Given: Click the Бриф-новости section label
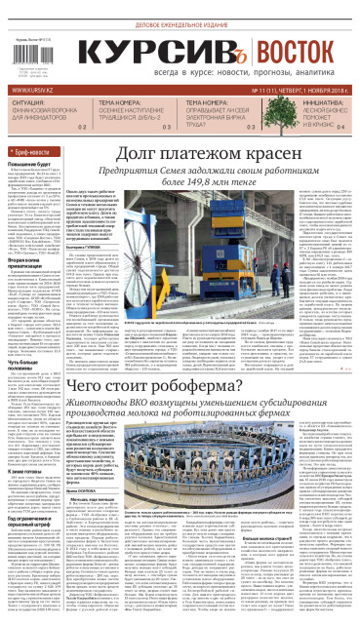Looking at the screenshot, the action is [x=34, y=155].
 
